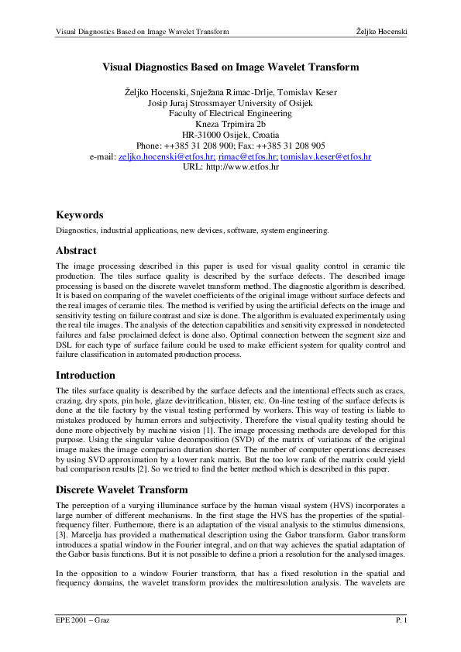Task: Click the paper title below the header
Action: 230,67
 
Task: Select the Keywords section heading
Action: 80,214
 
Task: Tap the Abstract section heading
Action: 76,251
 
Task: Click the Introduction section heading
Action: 85,375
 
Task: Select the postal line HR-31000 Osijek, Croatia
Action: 230,134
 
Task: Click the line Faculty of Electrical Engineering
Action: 230,113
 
